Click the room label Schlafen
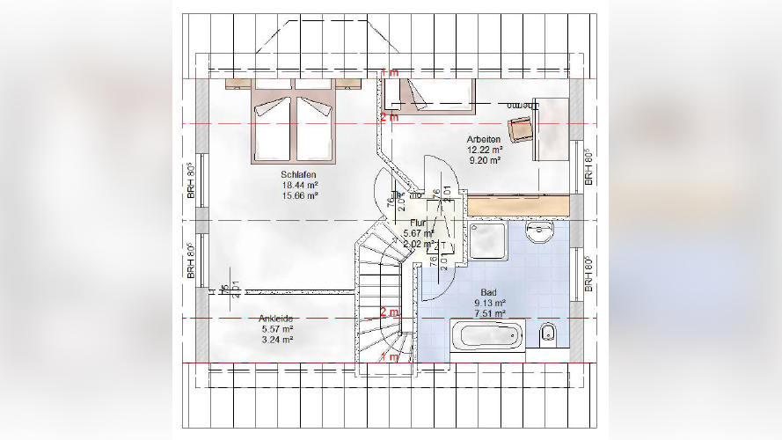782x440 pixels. coord(299,174)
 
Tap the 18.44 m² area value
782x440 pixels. coord(299,185)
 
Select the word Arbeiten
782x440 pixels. coord(484,140)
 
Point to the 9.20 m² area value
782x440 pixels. coord(484,161)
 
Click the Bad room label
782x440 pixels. coord(489,292)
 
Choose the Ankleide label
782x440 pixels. coord(276,319)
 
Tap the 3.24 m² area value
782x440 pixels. coord(276,339)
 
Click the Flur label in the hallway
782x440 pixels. coord(417,224)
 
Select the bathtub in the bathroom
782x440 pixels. coord(485,336)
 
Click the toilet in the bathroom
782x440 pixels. coord(547,333)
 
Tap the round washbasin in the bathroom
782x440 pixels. coord(537,232)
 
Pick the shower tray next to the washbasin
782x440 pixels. coord(488,240)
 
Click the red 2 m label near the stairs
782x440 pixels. coord(389,312)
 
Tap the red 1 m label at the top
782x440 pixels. coord(389,71)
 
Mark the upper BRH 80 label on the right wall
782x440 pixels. coord(588,166)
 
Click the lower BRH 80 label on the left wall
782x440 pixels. coord(190,261)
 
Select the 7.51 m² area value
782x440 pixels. coord(489,313)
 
